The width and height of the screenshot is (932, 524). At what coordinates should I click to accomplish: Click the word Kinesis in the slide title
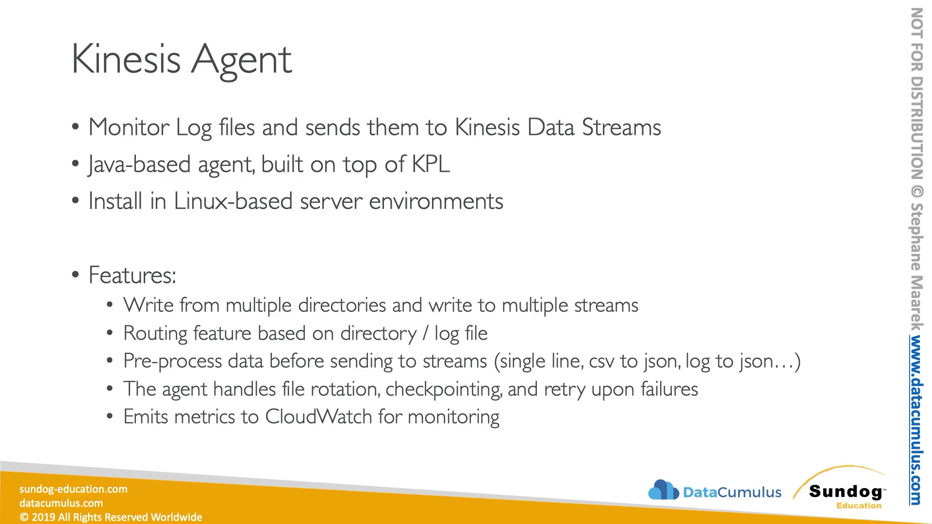point(126,58)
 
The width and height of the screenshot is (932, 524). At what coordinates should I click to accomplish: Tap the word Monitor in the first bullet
point(129,127)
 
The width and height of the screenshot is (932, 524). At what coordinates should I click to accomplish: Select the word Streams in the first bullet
point(621,127)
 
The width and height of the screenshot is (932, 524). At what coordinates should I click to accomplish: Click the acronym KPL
point(431,164)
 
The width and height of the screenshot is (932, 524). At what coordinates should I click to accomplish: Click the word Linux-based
point(233,201)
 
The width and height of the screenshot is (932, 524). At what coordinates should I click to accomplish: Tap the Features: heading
point(132,275)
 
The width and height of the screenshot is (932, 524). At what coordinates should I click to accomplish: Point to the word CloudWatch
point(318,417)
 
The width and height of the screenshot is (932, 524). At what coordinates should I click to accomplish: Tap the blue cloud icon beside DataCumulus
point(664,490)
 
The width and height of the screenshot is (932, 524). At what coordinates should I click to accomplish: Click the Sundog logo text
point(846,491)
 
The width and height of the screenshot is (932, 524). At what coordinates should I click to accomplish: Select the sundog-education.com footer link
point(73,489)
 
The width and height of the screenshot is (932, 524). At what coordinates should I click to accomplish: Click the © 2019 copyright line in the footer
point(111,517)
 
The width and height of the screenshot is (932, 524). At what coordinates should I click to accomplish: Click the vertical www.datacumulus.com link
point(916,420)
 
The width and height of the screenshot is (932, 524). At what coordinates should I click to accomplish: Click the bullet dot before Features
point(75,275)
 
